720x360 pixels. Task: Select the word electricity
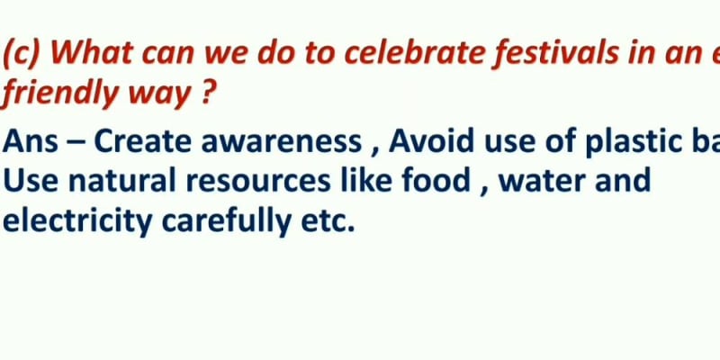pos(76,220)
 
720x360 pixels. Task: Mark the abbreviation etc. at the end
pos(327,220)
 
